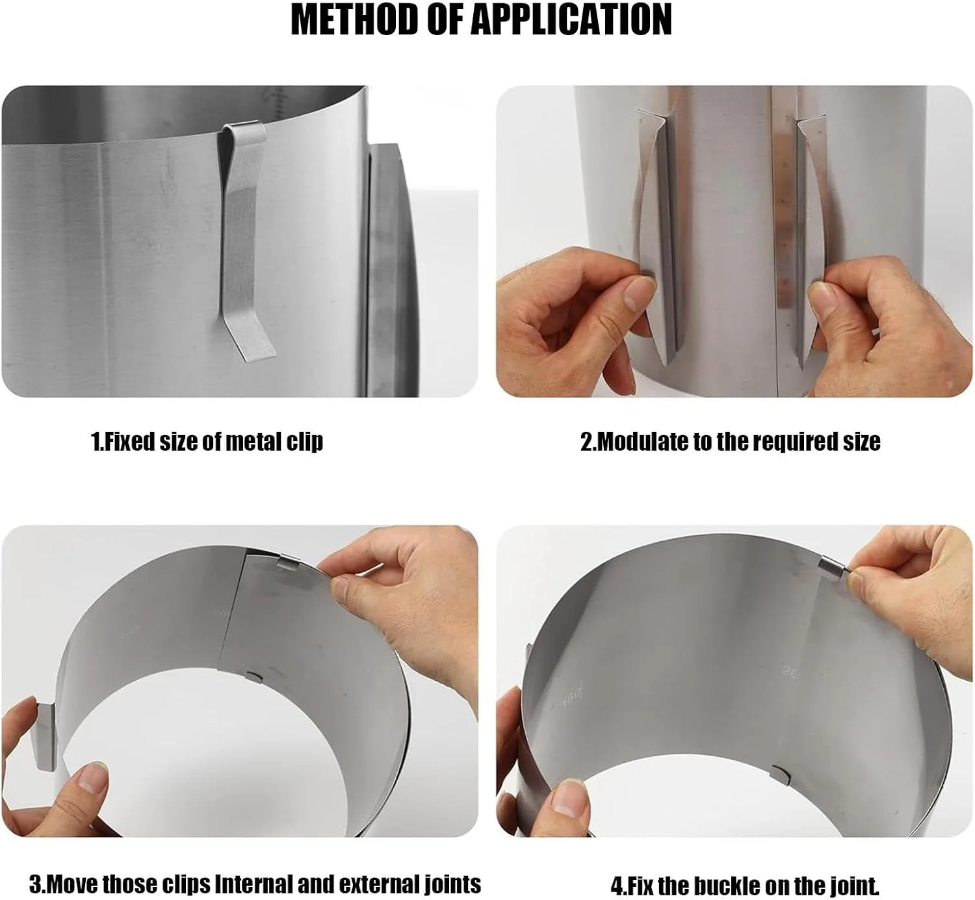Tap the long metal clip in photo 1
(x=245, y=241)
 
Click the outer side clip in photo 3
(x=47, y=736)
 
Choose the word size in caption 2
(x=861, y=442)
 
